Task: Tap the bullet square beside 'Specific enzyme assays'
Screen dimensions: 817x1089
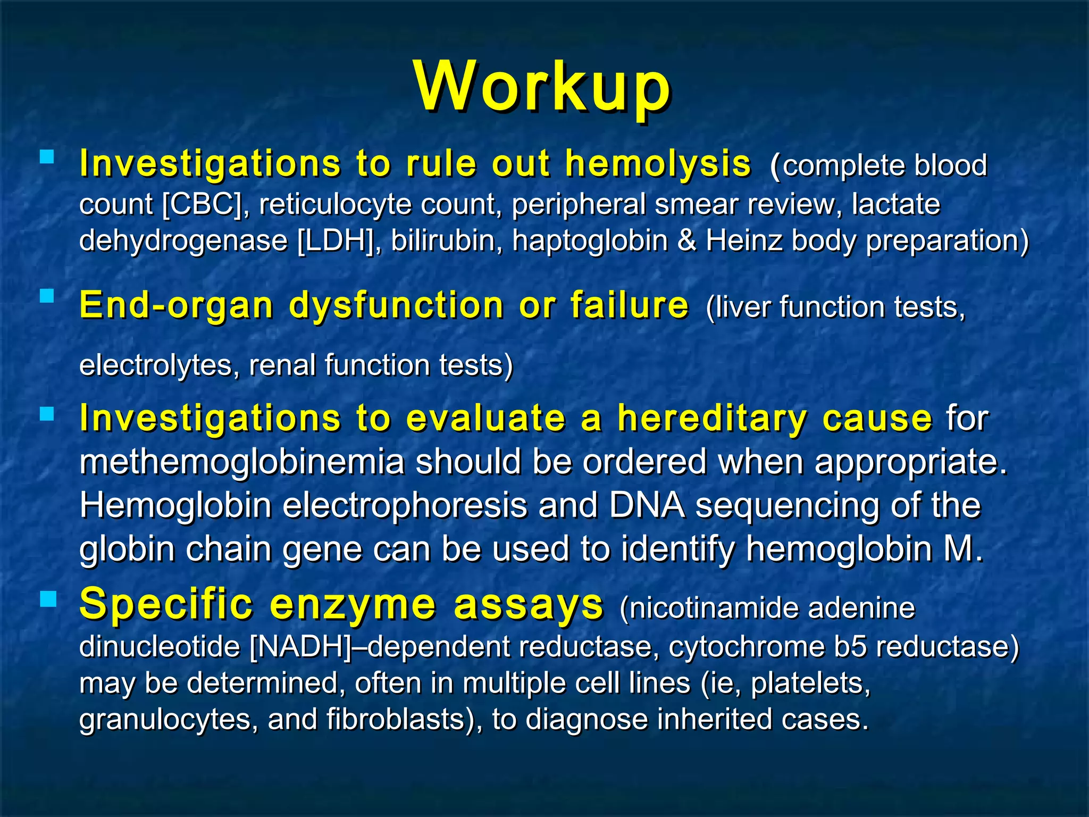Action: click(47, 599)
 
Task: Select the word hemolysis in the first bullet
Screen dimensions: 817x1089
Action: click(658, 164)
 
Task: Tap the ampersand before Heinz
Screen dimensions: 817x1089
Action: click(686, 240)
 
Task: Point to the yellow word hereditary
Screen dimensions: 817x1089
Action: click(712, 419)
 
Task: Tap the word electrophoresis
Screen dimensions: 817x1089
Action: click(405, 506)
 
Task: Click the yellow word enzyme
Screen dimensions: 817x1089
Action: click(353, 605)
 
